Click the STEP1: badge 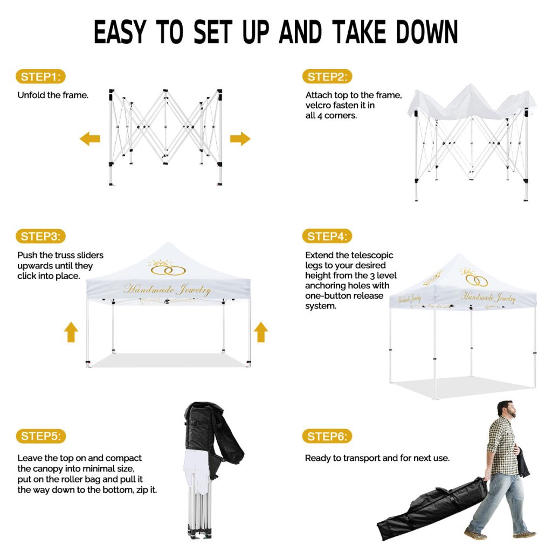point(40,77)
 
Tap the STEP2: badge point(327,77)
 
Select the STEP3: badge point(40,236)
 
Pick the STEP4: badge point(327,236)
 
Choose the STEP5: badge point(40,436)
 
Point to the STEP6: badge point(327,437)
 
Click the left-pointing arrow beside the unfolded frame point(90,139)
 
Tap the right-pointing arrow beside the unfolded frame point(240,139)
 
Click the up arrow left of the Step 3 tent point(71,332)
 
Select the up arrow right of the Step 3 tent point(261,332)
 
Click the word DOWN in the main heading point(427,32)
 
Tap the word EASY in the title point(120,32)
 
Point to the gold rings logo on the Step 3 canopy point(168,268)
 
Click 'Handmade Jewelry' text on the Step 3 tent point(167,289)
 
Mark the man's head point(507,410)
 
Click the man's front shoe point(475,534)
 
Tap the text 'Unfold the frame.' point(53,95)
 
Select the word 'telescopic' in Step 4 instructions point(371,255)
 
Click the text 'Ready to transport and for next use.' point(377,458)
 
